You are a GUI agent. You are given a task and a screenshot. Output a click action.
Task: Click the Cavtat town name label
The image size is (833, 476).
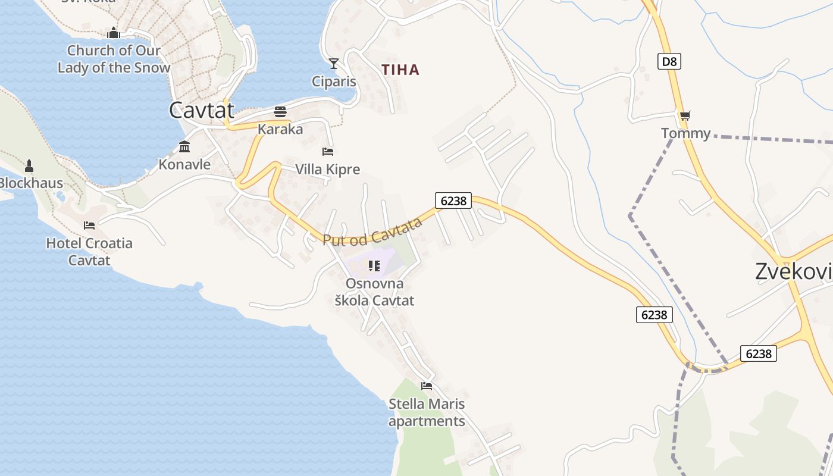(201, 110)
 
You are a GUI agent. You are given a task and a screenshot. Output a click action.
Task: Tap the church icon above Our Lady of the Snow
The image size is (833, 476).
(114, 33)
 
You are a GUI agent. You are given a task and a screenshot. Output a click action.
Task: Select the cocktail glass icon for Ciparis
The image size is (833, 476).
(334, 63)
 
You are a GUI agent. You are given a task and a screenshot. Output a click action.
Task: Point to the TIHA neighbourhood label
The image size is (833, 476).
(400, 70)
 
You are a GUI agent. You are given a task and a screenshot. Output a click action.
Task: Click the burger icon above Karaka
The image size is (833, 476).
(280, 111)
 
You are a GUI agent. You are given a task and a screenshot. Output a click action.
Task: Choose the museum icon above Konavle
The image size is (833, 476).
(184, 146)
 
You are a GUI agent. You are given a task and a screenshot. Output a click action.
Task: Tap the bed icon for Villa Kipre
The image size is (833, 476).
(328, 152)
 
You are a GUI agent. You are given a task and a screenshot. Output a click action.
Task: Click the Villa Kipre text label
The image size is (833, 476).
(328, 170)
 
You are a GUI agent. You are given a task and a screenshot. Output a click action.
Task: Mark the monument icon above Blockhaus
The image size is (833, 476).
(29, 165)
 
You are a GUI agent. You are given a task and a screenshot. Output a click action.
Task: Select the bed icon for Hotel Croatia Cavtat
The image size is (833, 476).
(89, 225)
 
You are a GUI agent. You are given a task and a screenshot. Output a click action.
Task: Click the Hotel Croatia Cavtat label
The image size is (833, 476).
(89, 252)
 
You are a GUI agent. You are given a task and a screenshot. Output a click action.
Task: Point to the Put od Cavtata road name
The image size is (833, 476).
(372, 231)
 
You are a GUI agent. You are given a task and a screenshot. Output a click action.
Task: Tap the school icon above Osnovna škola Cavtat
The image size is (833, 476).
(374, 265)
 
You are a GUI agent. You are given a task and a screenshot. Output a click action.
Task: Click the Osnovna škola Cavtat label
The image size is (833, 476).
(374, 292)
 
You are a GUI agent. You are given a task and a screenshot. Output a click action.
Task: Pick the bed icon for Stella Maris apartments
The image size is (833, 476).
(427, 386)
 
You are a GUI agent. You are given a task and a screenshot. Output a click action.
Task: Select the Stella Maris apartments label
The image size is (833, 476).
(427, 412)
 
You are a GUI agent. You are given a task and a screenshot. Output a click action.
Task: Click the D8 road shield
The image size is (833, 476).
(669, 61)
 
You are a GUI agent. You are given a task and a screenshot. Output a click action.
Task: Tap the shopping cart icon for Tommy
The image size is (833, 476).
(685, 115)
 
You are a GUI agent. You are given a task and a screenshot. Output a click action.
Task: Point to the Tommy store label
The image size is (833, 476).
(685, 133)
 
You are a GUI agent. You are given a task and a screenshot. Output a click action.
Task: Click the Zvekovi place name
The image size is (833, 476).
(793, 271)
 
